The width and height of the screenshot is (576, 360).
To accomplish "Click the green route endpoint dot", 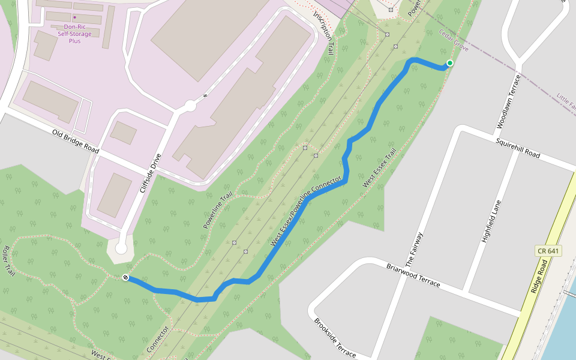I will [x=449, y=63].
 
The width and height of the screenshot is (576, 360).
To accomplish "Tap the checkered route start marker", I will [x=125, y=277].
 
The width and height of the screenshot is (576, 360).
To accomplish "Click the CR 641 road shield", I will [x=548, y=250].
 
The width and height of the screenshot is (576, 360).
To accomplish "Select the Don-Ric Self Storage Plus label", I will [x=75, y=34].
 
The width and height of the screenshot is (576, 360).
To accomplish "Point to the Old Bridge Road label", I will [x=75, y=140].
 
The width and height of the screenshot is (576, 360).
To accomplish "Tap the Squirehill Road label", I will [x=517, y=148].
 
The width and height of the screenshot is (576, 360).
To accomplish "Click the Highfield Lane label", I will [x=491, y=221].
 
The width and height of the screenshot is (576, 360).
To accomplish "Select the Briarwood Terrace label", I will [x=413, y=275].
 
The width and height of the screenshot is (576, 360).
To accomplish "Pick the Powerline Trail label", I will [x=217, y=210].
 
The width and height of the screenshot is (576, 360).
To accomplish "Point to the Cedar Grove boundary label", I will [x=453, y=40].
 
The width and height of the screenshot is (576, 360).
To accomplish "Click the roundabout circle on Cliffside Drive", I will [x=191, y=106].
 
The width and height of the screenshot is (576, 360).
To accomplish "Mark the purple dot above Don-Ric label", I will [x=74, y=17].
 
